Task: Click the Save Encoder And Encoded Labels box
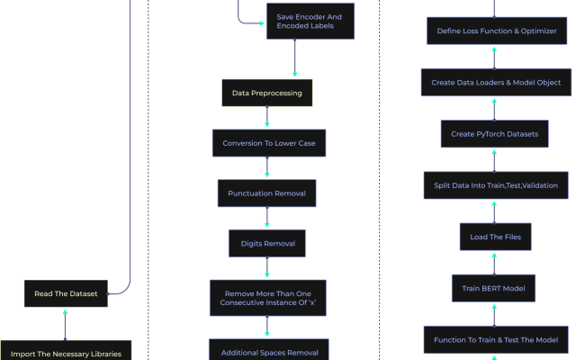310,22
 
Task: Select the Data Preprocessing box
266,93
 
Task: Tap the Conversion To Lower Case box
268,142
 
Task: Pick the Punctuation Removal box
266,193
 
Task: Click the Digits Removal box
267,243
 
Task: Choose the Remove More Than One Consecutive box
267,296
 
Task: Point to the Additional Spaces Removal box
269,350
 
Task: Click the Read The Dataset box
66,293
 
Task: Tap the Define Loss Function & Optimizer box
496,31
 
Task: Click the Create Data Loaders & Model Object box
496,82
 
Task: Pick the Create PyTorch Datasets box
495,134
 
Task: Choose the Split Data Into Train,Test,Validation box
495,185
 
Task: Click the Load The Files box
495,237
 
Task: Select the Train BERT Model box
494,288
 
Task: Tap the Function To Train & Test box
496,339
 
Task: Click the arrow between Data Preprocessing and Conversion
266,118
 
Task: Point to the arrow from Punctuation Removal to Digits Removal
266,219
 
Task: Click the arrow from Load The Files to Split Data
494,211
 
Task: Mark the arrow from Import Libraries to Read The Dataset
65,323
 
